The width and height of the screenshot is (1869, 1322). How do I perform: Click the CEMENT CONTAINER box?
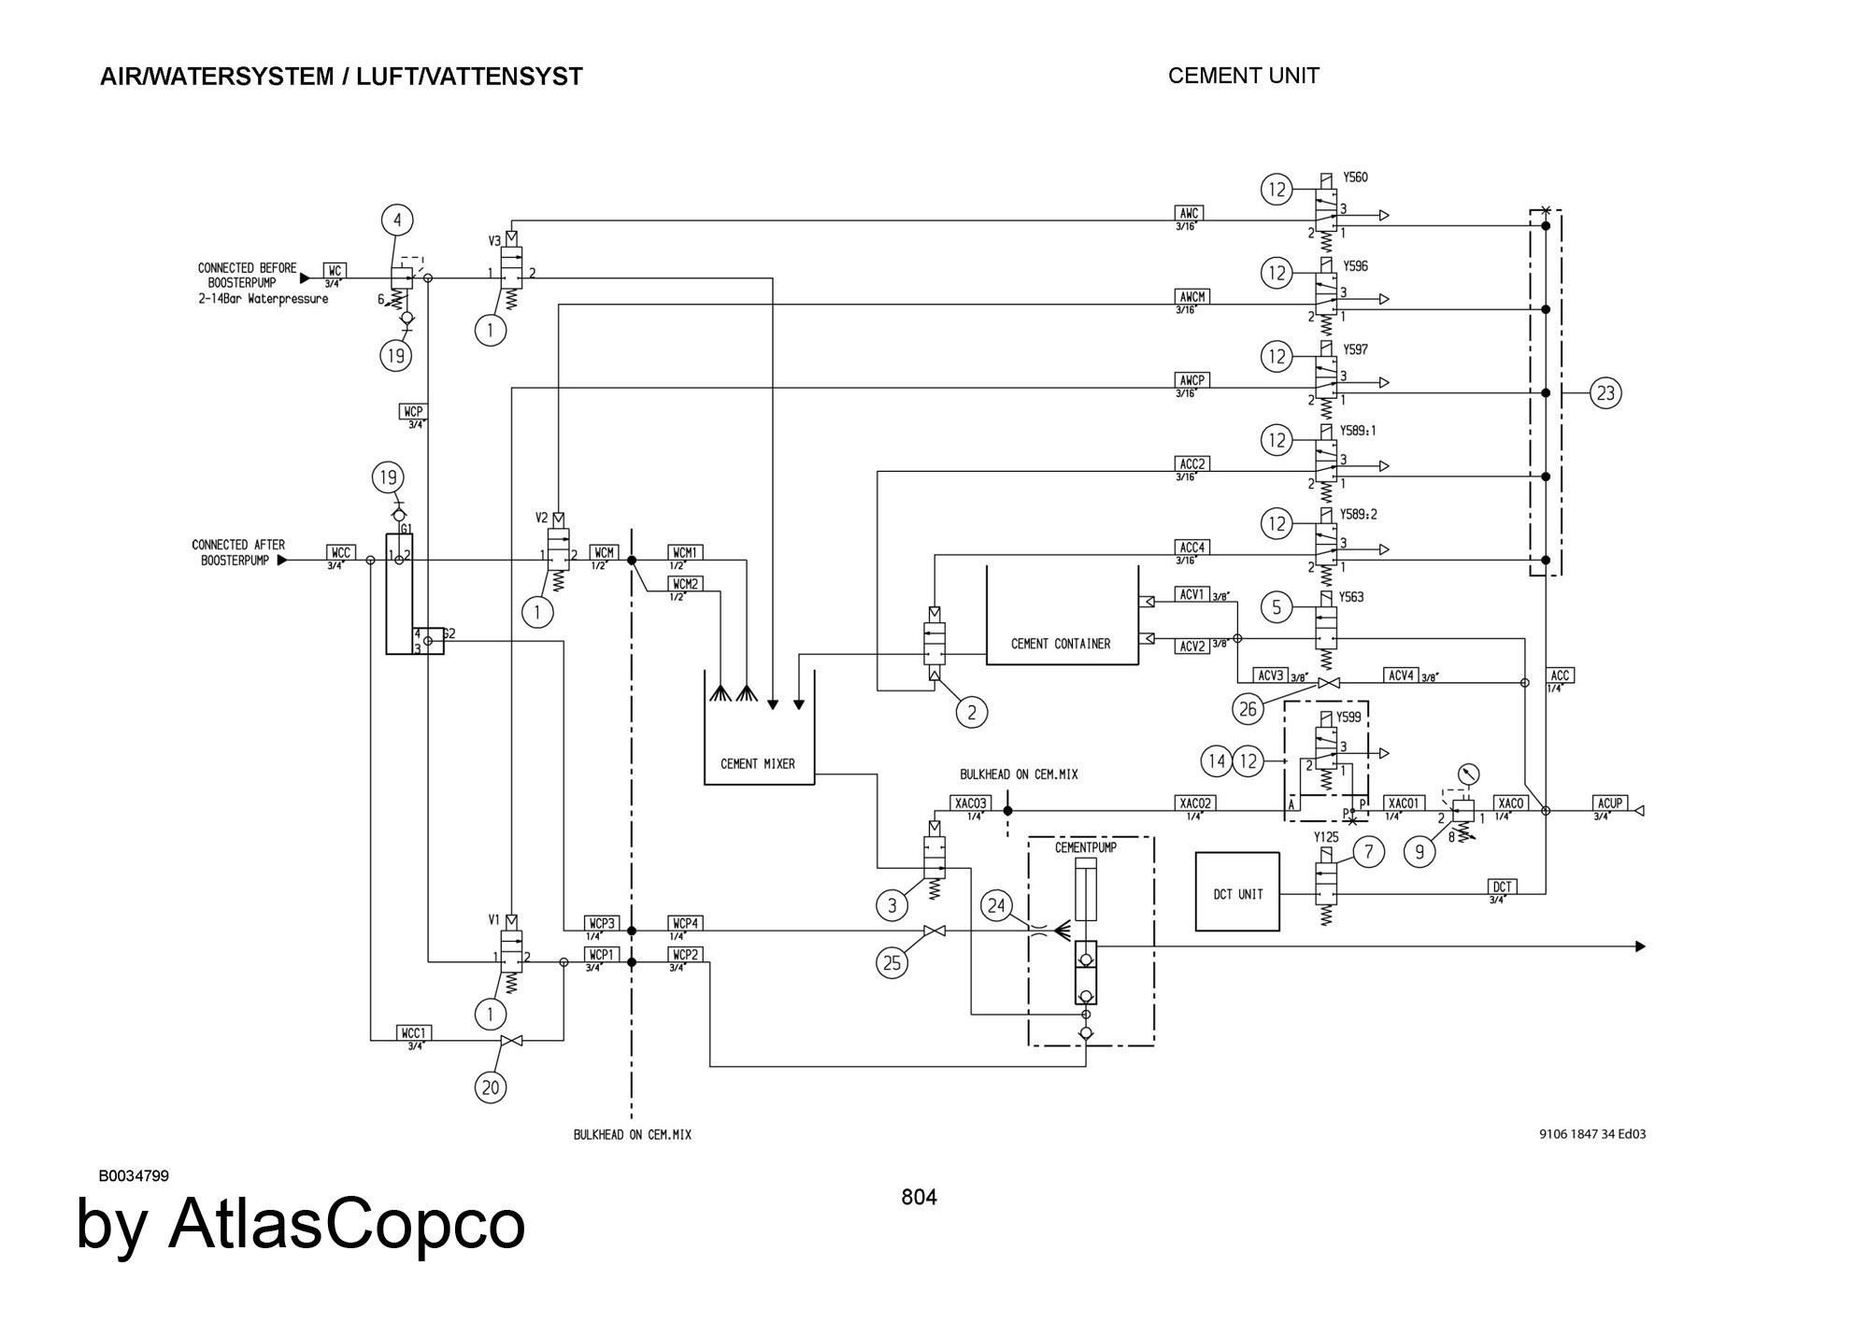(x=1062, y=617)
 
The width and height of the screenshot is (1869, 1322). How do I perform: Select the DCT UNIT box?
(x=1237, y=892)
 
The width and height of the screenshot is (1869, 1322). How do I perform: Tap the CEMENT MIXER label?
(x=758, y=763)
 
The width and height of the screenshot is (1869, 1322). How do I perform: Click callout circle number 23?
(x=1605, y=393)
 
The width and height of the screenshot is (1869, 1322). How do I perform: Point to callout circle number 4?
(x=397, y=220)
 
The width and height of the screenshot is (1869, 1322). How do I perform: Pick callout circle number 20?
(x=491, y=1087)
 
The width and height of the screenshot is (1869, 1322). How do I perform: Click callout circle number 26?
(x=1248, y=709)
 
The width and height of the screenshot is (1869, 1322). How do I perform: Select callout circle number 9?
(x=1420, y=851)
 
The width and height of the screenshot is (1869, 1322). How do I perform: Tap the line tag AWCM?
(x=1192, y=297)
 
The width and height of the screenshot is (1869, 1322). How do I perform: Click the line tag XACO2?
(x=1195, y=803)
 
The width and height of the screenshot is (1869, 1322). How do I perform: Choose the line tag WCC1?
(x=413, y=1033)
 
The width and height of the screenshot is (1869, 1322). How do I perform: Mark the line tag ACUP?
(x=1610, y=803)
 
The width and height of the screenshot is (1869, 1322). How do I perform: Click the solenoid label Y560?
(x=1355, y=178)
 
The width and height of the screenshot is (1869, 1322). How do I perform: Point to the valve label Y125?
(x=1326, y=837)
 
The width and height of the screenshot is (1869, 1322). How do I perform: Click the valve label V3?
(x=495, y=241)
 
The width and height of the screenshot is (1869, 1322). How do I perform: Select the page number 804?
(x=919, y=1197)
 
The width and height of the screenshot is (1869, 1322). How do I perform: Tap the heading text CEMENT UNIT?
(x=1243, y=76)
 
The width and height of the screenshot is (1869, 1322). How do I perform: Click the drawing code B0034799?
(x=134, y=1175)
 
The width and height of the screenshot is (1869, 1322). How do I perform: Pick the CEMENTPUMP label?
(x=1086, y=847)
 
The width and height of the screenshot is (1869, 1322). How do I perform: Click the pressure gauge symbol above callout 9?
(x=1468, y=775)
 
